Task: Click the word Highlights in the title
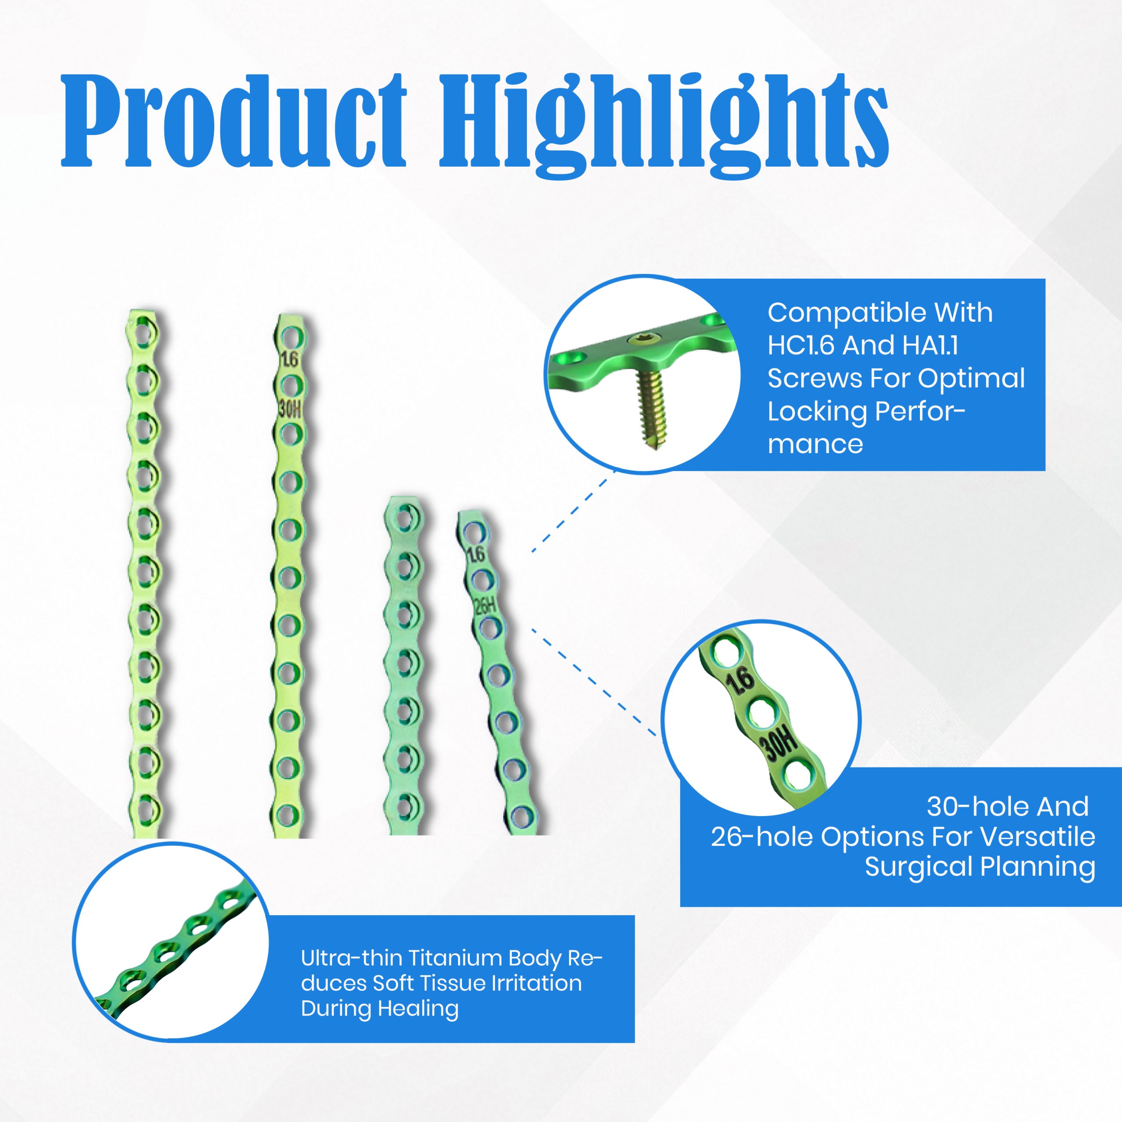tap(664, 125)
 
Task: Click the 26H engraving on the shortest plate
tap(484, 606)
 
